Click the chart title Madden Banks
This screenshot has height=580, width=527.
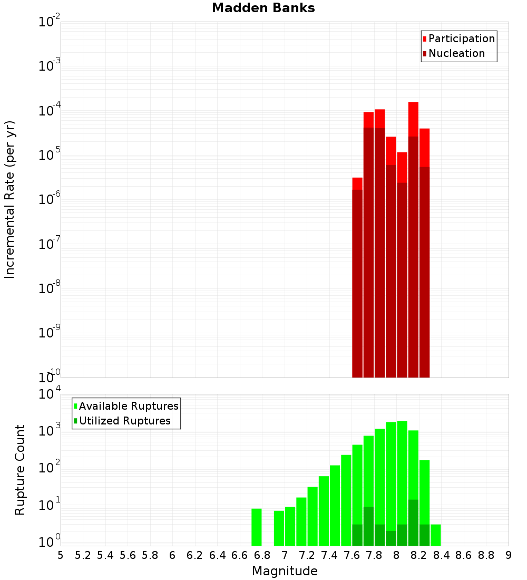(x=263, y=8)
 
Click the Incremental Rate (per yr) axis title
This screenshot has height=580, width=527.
(x=9, y=199)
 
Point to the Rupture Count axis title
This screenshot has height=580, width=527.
(x=20, y=470)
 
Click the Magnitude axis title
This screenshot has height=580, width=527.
(x=285, y=571)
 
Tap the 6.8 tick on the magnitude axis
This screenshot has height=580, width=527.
(x=262, y=555)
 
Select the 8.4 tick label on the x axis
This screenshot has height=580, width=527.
(x=441, y=555)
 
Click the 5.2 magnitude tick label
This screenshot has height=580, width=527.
(x=83, y=555)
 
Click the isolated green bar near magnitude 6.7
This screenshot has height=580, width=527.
(x=257, y=527)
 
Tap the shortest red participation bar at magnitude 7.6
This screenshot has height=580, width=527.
(x=357, y=183)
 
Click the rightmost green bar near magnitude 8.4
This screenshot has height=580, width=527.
(x=436, y=535)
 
